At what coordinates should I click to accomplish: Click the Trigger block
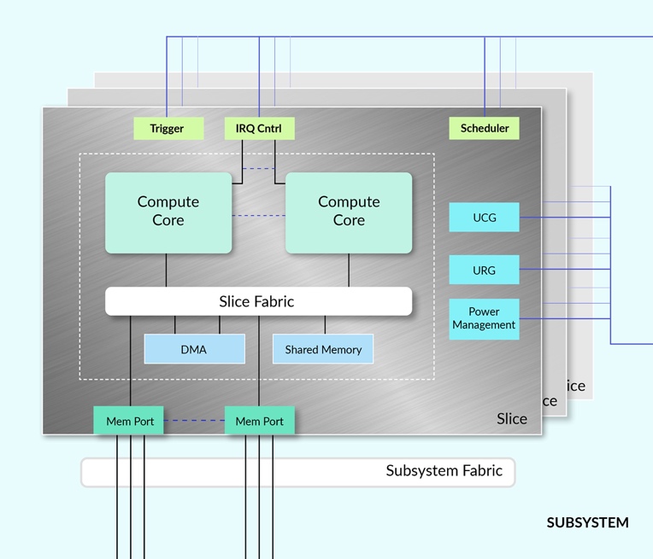click(168, 129)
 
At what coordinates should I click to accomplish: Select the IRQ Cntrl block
click(260, 129)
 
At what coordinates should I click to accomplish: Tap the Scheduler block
click(484, 129)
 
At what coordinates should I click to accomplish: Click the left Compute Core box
click(168, 213)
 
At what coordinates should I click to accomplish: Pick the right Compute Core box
click(349, 213)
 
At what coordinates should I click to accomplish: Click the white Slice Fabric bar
click(258, 301)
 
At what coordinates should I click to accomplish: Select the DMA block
click(194, 349)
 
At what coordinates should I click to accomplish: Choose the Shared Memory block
click(323, 349)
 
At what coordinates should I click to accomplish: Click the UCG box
click(484, 218)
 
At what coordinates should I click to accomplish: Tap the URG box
click(484, 271)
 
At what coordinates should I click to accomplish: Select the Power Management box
click(484, 318)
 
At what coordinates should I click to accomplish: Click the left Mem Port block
click(129, 421)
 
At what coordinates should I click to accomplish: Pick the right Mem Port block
click(260, 421)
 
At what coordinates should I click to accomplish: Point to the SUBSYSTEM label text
click(587, 522)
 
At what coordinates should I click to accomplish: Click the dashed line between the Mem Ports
click(194, 421)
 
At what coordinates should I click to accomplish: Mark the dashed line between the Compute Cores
click(258, 216)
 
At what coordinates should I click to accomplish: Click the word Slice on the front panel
click(511, 418)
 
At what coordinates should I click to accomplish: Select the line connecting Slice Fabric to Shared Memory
click(325, 324)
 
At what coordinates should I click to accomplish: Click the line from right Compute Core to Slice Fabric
click(349, 270)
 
